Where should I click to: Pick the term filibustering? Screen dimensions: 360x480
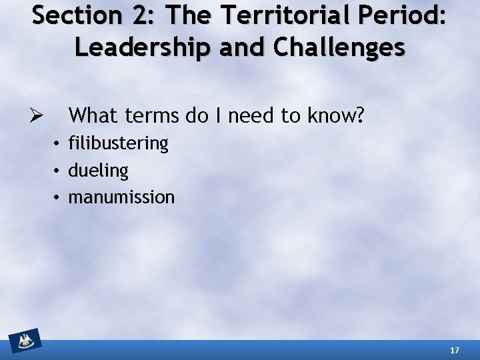[x=119, y=143]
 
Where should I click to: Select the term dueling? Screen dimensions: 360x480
[x=98, y=171]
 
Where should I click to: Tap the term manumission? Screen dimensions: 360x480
[x=121, y=197]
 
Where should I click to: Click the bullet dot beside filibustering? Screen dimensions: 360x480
[x=58, y=143]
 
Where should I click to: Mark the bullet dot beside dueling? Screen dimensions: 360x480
[x=58, y=171]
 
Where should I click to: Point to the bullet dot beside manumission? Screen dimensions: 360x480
[x=58, y=197]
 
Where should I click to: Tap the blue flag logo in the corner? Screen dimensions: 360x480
[x=25, y=341]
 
